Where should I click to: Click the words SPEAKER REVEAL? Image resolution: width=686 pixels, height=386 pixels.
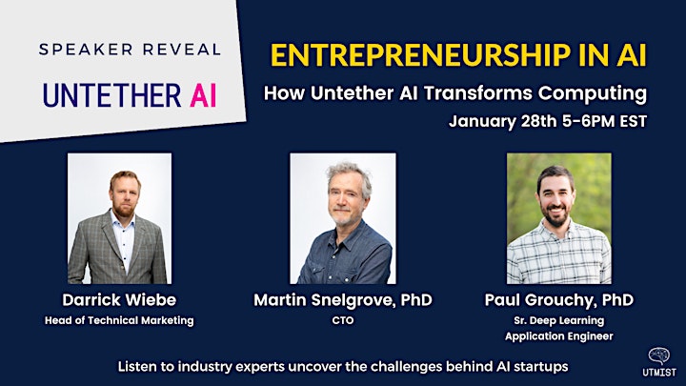pyautogui.click(x=130, y=49)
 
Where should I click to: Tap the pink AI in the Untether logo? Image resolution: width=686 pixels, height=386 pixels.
pyautogui.click(x=204, y=96)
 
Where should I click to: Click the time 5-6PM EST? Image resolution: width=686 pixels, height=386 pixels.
pyautogui.click(x=605, y=121)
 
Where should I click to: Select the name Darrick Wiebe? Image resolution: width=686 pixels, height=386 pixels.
pyautogui.click(x=119, y=300)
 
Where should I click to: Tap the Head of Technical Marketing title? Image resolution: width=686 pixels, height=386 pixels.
pyautogui.click(x=119, y=320)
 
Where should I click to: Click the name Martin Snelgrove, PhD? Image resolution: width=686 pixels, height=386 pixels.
pyautogui.click(x=343, y=300)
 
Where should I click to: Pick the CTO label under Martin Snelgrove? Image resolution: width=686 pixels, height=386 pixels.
pyautogui.click(x=343, y=320)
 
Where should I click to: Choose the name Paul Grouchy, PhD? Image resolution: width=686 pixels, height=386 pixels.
pyautogui.click(x=559, y=300)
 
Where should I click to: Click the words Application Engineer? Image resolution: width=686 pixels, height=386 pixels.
pyautogui.click(x=559, y=336)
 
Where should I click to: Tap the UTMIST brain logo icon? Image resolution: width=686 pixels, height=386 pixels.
pyautogui.click(x=659, y=356)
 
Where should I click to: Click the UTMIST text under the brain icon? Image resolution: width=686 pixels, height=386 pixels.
pyautogui.click(x=659, y=373)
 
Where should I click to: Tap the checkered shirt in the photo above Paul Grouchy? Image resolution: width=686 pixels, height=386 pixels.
pyautogui.click(x=559, y=254)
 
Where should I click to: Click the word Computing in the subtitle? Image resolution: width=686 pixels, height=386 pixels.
pyautogui.click(x=593, y=93)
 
